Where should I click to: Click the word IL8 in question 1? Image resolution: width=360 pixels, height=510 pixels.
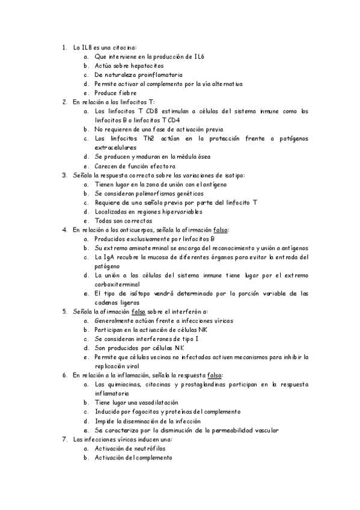(x=87, y=47)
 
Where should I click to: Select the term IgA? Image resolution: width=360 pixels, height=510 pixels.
(x=111, y=257)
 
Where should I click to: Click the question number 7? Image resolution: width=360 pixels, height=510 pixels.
(x=64, y=439)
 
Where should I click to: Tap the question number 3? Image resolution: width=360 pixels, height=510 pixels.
(x=64, y=176)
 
